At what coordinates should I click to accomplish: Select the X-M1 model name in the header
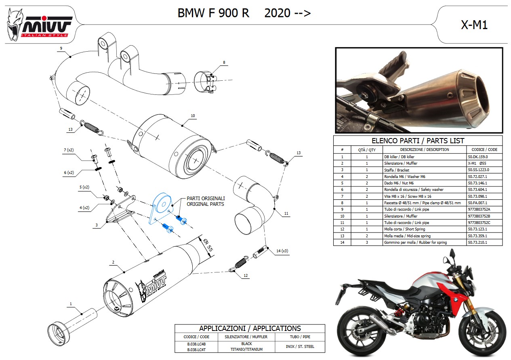(474, 25)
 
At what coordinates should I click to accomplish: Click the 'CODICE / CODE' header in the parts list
(484, 149)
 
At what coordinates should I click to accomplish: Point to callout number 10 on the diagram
(193, 116)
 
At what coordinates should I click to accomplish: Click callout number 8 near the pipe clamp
(223, 62)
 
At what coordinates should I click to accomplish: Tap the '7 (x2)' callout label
(68, 150)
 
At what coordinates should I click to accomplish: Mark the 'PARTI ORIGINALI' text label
(206, 199)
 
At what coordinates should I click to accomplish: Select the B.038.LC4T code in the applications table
(196, 349)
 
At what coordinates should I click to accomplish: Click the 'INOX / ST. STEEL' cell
(299, 346)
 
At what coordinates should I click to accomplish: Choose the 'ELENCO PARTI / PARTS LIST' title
(418, 140)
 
